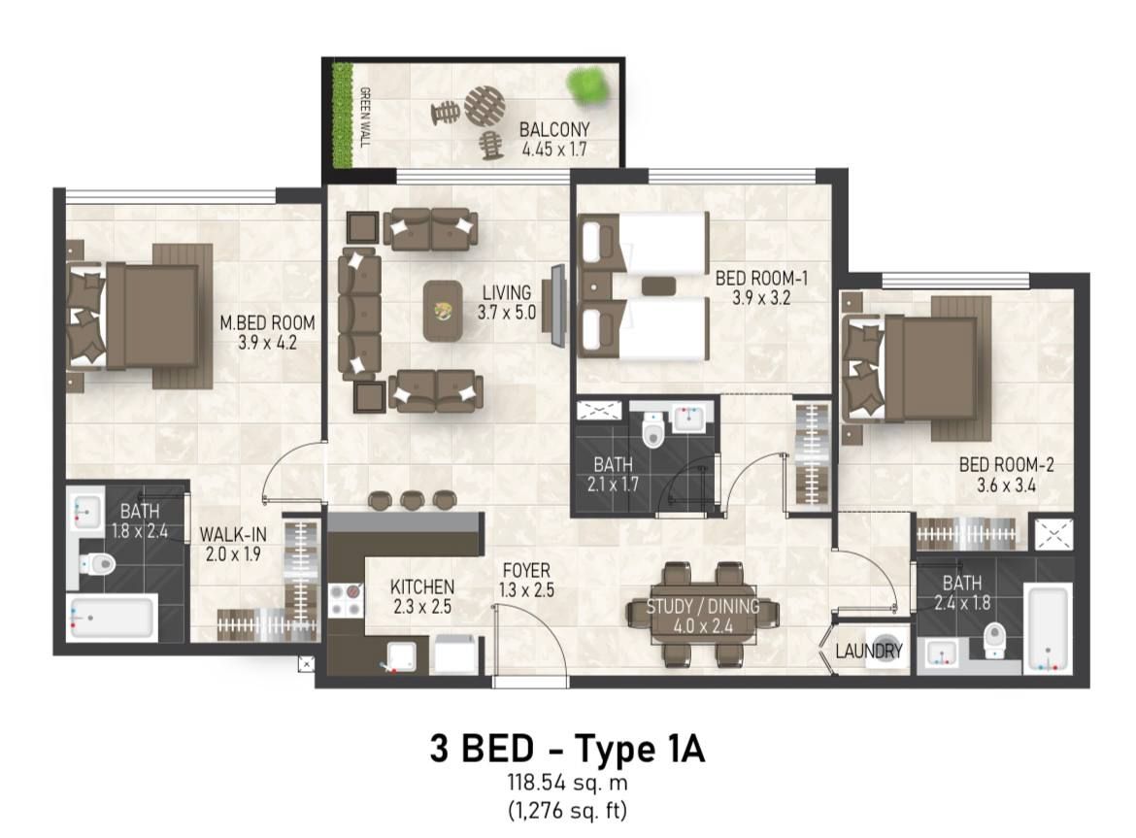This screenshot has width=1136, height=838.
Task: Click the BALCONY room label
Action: point(554,140)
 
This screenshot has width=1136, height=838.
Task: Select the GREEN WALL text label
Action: point(365,117)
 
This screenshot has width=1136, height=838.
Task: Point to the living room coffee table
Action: point(443,311)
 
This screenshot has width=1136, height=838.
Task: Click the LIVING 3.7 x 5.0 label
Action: point(505,302)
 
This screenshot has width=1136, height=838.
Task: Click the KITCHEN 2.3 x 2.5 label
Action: point(421,596)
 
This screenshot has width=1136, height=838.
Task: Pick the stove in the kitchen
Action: point(345,599)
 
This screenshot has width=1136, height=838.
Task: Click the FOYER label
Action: point(526,579)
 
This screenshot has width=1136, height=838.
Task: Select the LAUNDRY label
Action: point(869,652)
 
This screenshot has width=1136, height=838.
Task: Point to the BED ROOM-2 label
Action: point(1006,475)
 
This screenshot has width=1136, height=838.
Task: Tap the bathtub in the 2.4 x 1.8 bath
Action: point(1048,629)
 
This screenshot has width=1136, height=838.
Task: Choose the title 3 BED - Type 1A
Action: point(567,749)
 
